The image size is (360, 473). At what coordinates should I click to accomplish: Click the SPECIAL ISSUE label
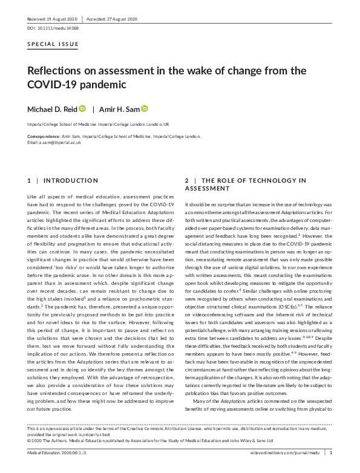coord(53,45)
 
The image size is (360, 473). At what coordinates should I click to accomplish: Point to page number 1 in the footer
coord(330,451)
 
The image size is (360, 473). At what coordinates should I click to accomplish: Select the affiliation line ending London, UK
coord(98,124)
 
